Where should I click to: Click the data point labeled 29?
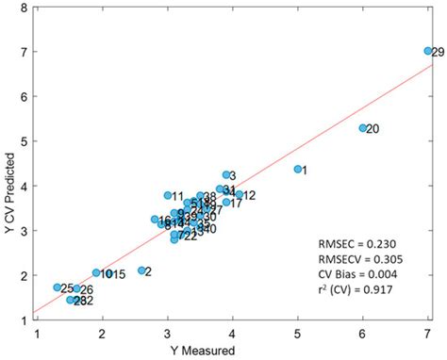point(428,51)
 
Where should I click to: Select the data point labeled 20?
point(362,128)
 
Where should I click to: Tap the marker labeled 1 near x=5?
point(298,170)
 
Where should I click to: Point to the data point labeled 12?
point(240,195)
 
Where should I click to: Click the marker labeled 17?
point(226,203)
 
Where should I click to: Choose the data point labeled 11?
point(168,196)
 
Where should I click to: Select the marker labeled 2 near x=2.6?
point(142,270)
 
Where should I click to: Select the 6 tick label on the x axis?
point(363,333)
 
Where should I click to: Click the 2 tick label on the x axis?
point(103,333)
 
